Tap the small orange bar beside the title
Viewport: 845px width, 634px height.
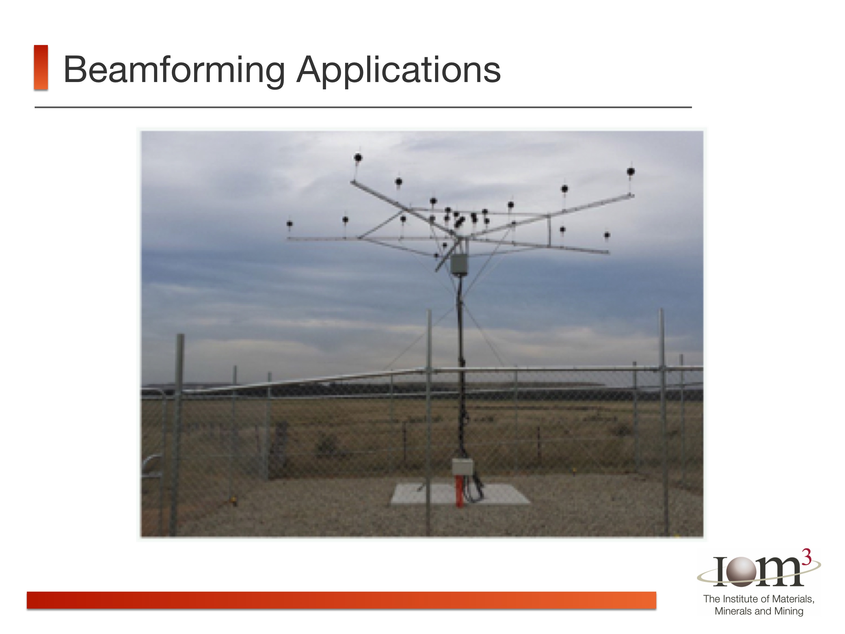tap(41, 67)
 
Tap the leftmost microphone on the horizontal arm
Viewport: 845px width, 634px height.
tap(290, 224)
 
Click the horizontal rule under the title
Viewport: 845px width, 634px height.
tap(363, 107)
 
